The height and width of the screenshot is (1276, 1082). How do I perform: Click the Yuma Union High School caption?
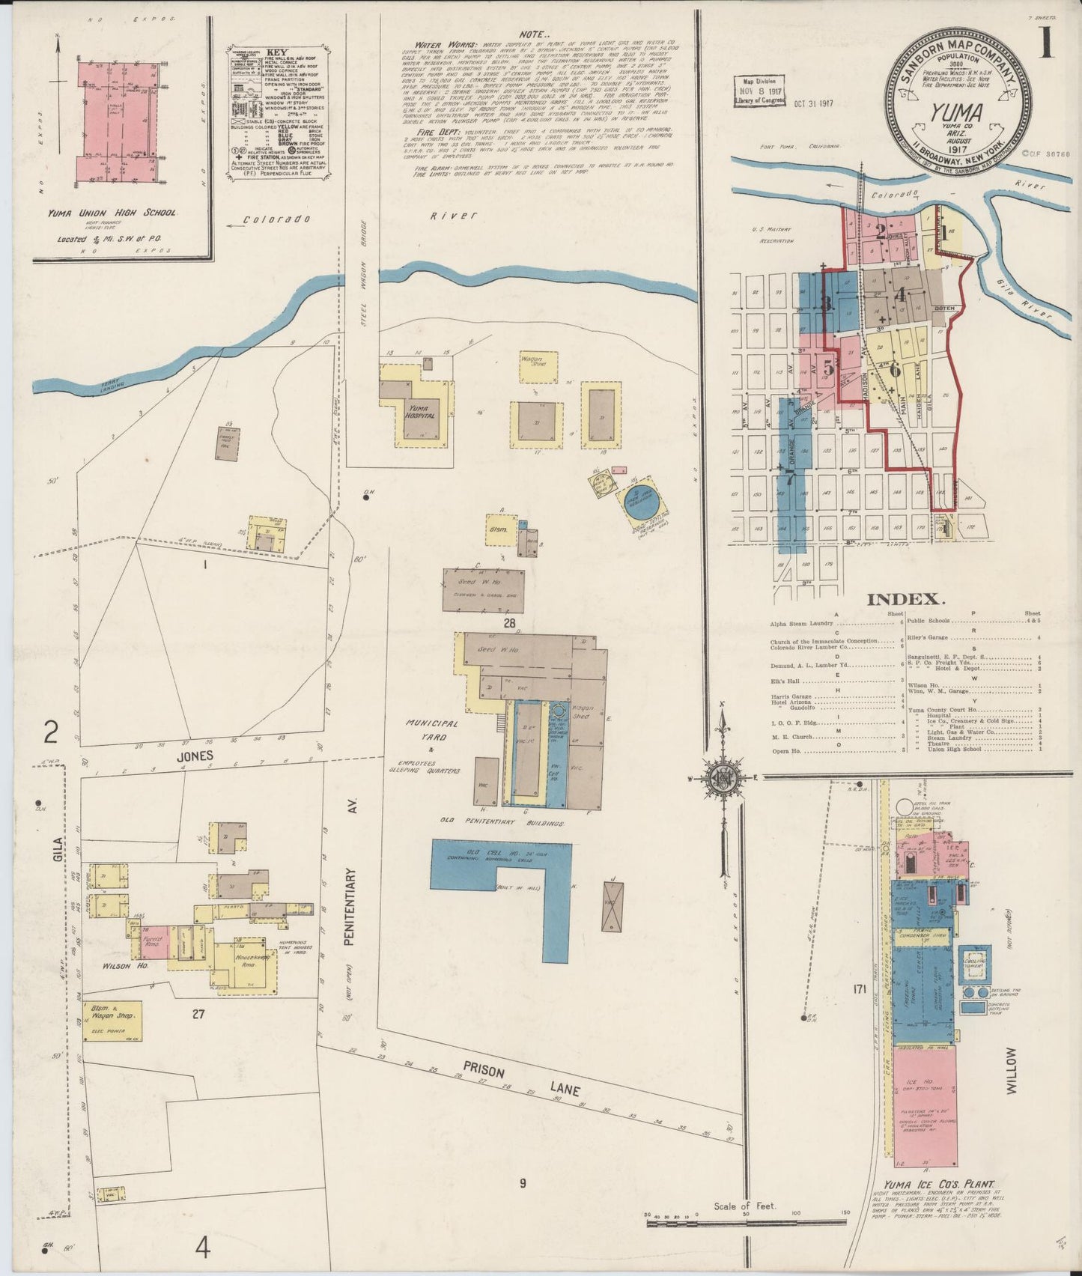pos(112,213)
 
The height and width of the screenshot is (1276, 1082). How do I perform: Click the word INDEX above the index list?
pos(903,599)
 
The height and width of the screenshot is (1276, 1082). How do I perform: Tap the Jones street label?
pos(195,756)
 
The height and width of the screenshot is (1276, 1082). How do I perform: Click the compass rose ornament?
pos(724,777)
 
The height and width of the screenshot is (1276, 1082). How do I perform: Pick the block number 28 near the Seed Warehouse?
pos(510,623)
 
